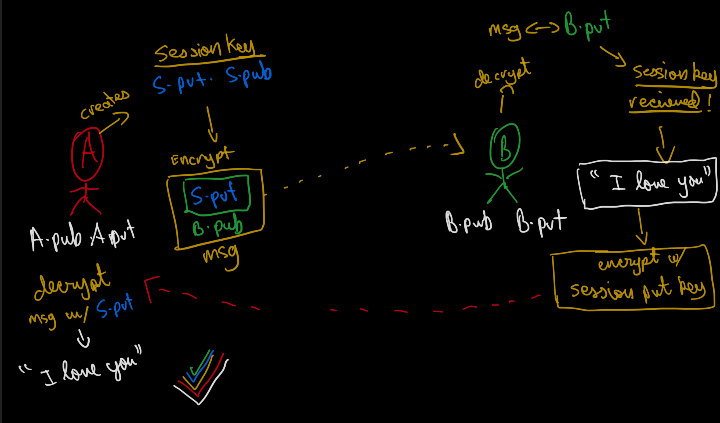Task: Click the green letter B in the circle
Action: (x=505, y=148)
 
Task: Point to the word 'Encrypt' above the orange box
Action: (x=202, y=158)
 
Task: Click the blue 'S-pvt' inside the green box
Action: (x=214, y=195)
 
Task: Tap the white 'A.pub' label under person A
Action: (x=56, y=238)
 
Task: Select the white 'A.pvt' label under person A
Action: (x=113, y=235)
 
